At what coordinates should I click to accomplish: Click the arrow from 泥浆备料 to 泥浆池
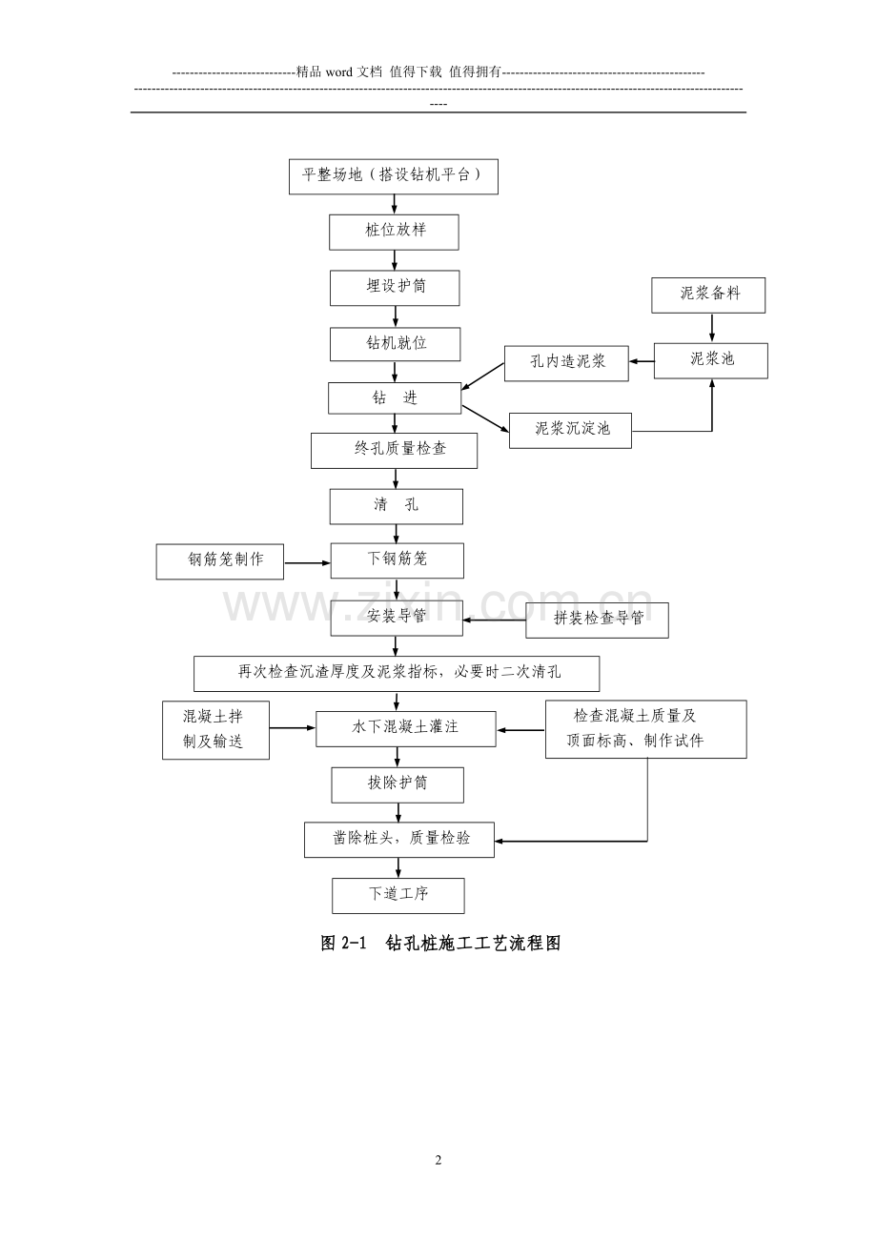(712, 328)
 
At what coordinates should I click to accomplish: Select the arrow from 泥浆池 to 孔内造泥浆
(642, 362)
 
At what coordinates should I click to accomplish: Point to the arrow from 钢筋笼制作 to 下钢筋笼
(308, 563)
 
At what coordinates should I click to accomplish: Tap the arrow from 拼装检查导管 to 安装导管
(494, 620)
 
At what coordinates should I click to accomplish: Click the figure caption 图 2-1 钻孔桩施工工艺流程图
(440, 944)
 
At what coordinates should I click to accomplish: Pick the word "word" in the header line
(339, 72)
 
